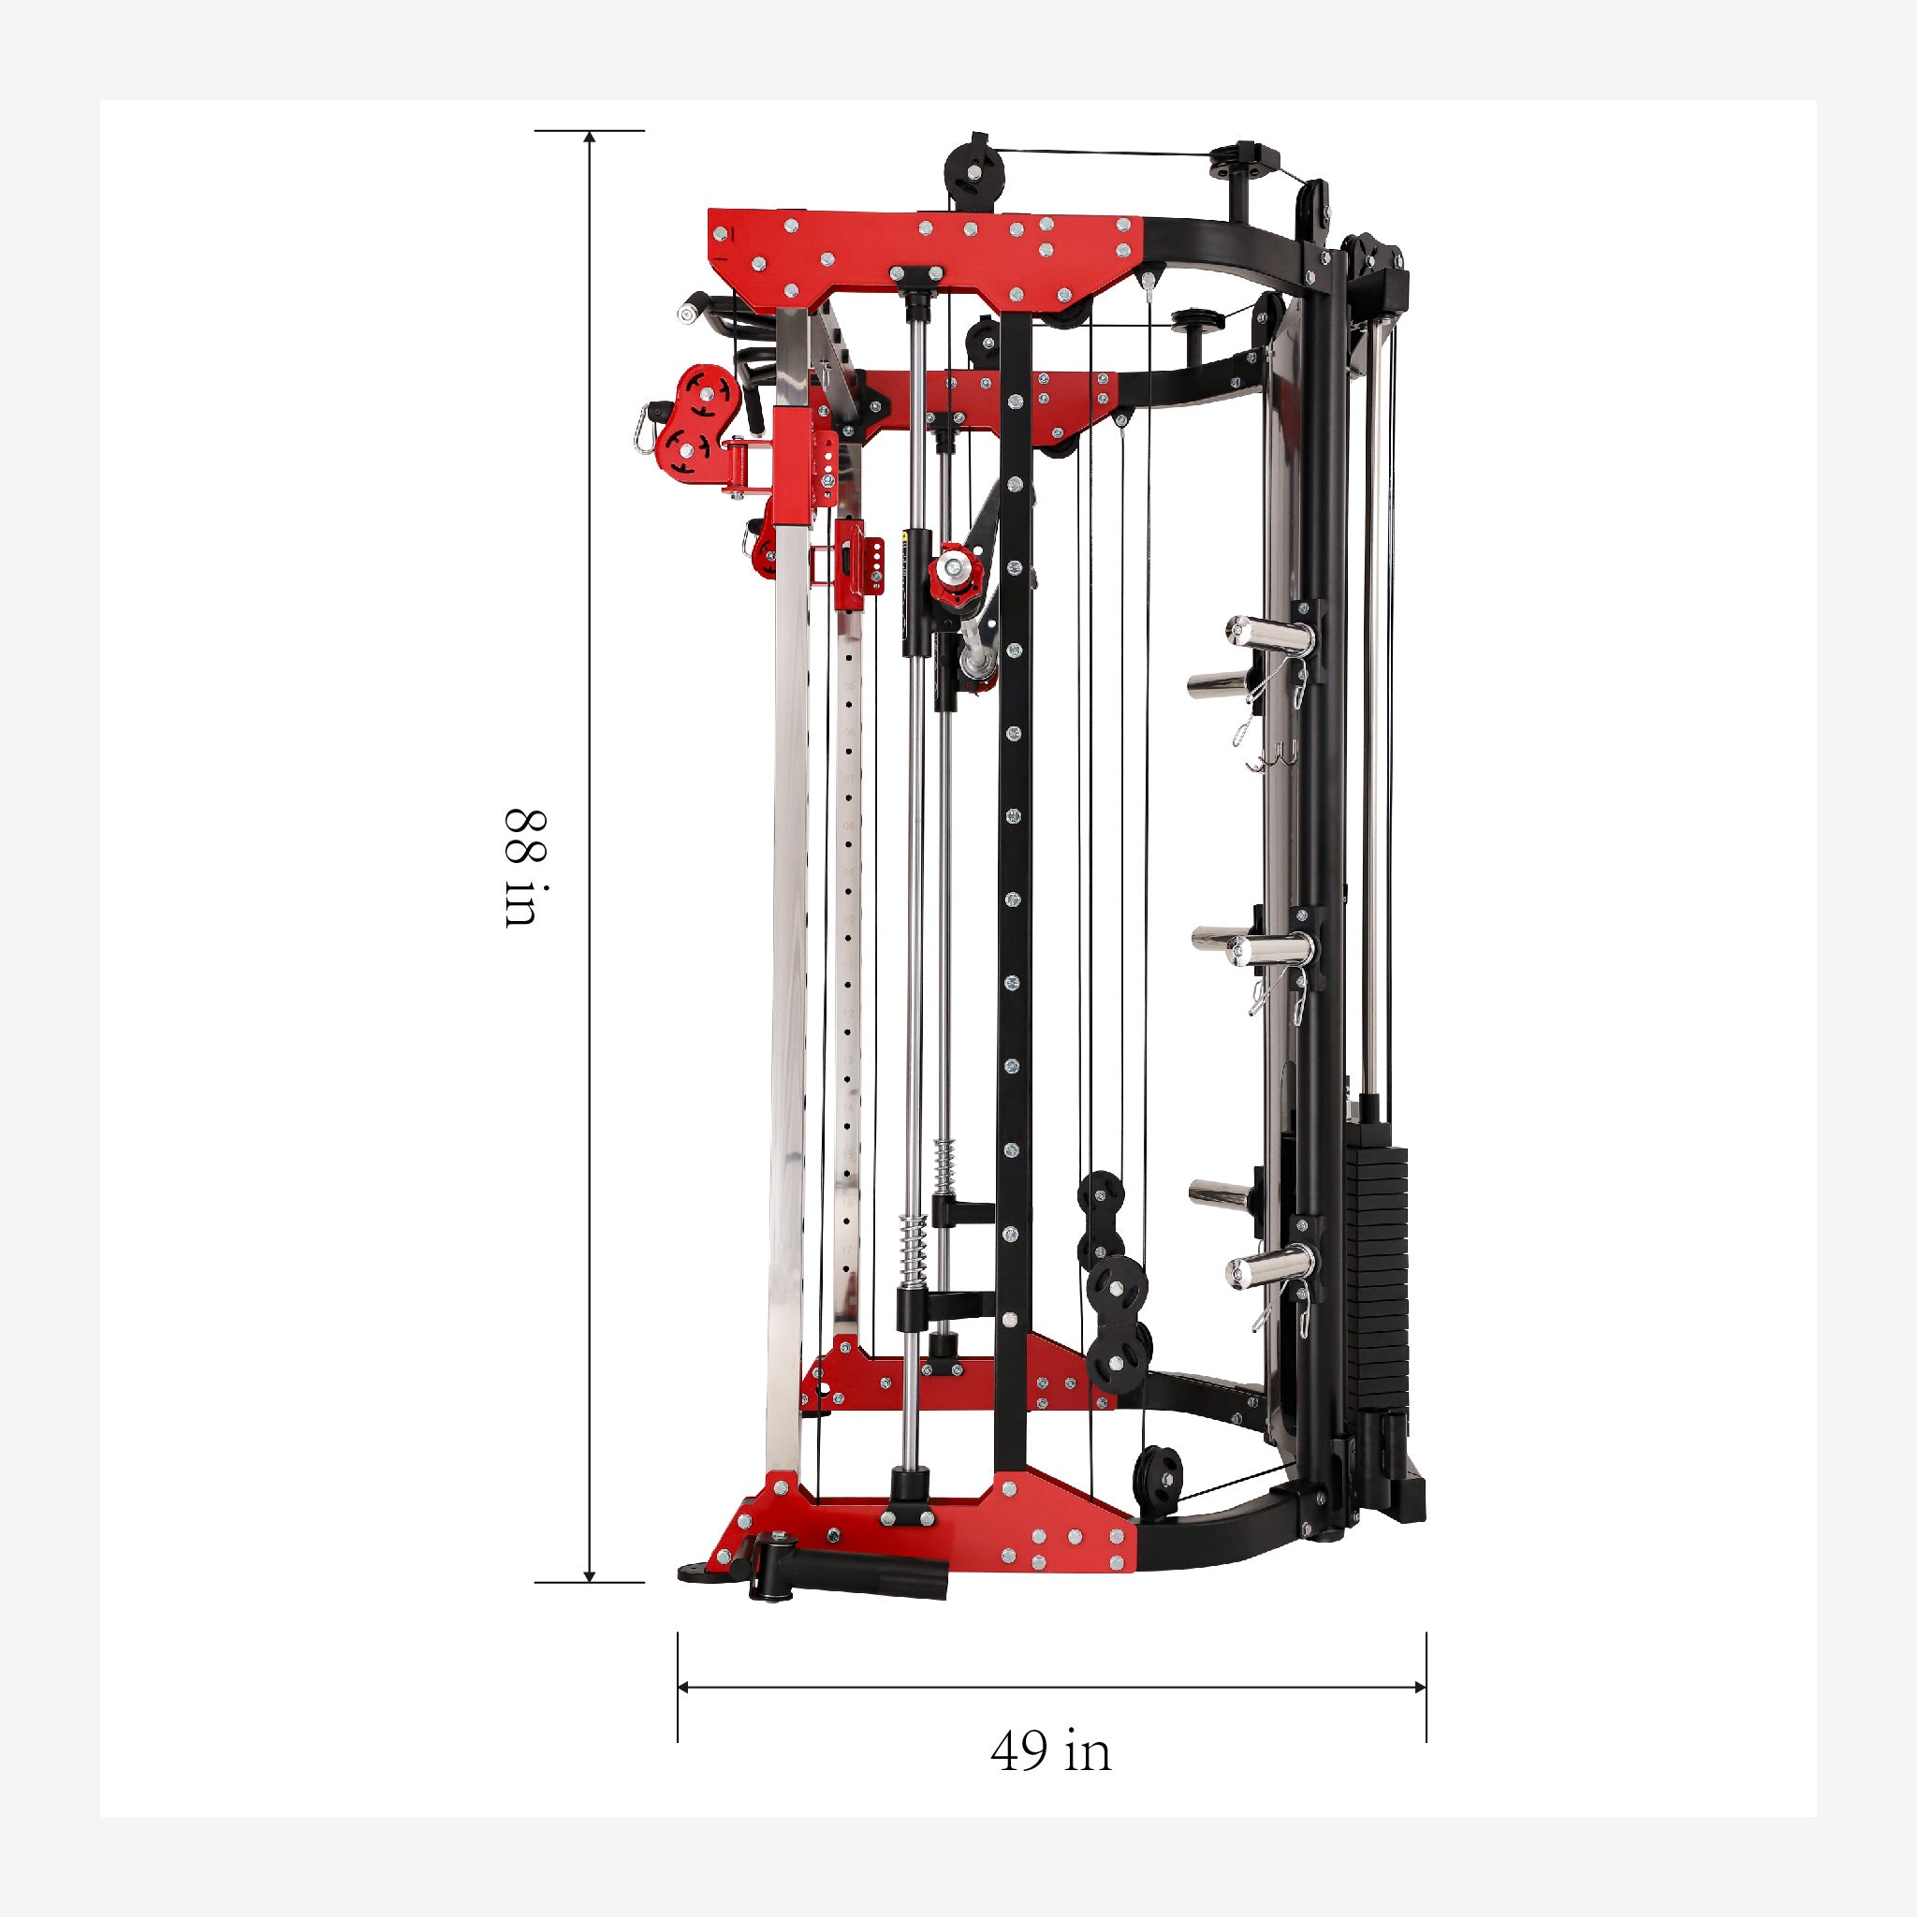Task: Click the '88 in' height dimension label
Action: (x=523, y=869)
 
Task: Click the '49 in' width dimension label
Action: (x=1051, y=1751)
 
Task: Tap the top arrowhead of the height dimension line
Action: (x=590, y=137)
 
